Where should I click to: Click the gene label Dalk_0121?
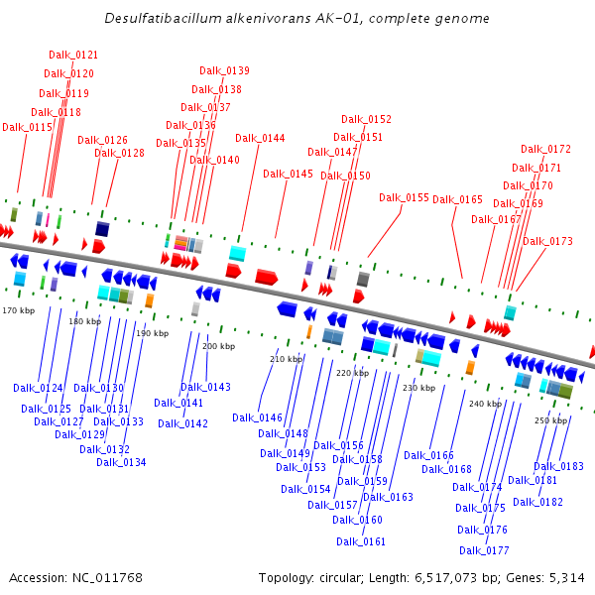73,55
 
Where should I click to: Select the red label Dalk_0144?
260,138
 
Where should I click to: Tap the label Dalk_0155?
404,197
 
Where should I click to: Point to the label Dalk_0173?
547,241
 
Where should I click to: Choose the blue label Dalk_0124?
38,388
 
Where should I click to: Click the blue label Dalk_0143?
205,387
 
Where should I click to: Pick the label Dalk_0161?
361,541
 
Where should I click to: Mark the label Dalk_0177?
484,550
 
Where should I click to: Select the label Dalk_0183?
558,466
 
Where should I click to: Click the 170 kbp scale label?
18,310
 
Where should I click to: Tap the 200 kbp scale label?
218,346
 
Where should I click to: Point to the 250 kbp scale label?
549,420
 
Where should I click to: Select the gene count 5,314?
564,577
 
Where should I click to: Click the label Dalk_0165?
457,199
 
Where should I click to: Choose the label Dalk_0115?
27,127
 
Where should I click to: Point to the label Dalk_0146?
257,417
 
